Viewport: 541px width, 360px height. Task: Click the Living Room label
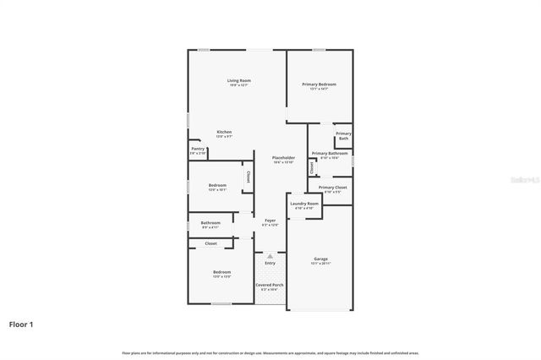point(238,81)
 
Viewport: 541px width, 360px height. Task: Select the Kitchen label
point(224,132)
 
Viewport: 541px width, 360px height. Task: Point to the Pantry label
point(197,149)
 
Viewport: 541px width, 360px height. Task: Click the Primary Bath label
point(343,135)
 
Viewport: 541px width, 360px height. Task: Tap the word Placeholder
point(283,158)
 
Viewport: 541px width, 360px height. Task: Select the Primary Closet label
point(332,188)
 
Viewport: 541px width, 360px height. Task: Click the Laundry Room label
point(304,204)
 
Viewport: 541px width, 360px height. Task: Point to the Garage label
point(320,259)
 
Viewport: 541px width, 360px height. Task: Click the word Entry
point(270,263)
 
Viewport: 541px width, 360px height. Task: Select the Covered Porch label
point(270,286)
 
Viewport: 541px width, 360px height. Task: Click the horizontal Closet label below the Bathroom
point(210,243)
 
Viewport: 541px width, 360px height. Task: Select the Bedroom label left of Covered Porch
point(221,272)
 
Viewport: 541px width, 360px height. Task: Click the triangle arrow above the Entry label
point(270,254)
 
